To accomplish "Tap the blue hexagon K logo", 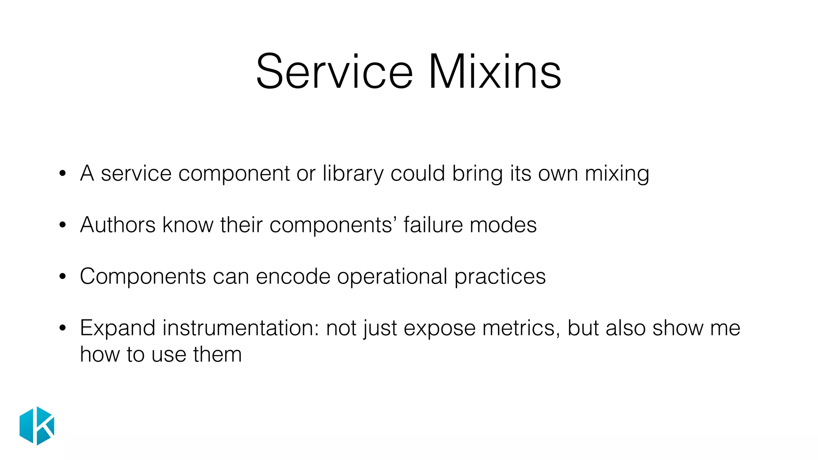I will click(37, 426).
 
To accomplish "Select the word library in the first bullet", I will click(353, 174).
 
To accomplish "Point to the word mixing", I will click(617, 174).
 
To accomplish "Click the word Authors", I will click(118, 225).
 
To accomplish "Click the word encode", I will click(293, 276).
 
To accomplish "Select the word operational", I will click(392, 276).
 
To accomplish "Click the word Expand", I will click(117, 328).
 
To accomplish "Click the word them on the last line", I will click(217, 355).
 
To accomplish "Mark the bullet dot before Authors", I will click(62, 225).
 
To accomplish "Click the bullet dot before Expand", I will click(62, 328).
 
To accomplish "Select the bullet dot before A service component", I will click(62, 174).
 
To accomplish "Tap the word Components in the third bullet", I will click(143, 276).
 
